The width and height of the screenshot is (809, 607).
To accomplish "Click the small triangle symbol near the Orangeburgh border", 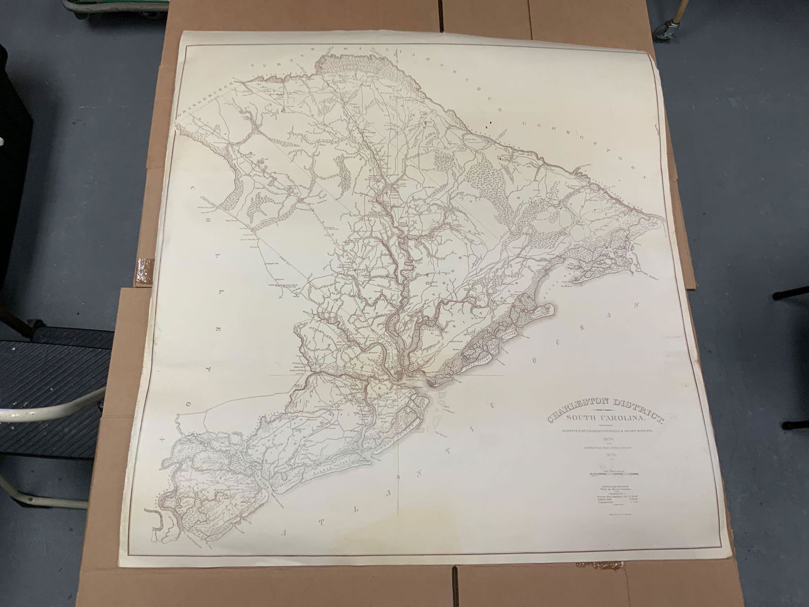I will click(284, 107).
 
